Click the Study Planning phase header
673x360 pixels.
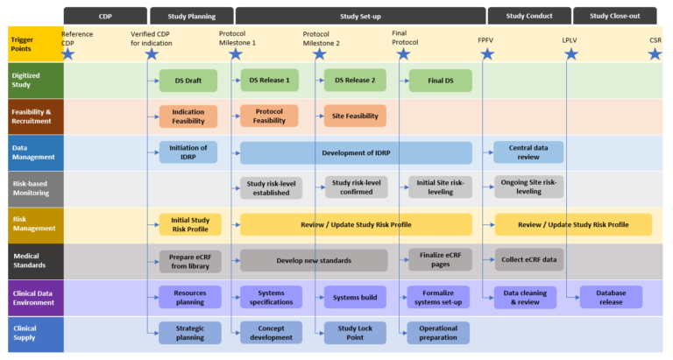(x=191, y=16)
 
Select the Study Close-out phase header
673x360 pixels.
(x=614, y=16)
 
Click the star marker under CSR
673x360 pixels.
(x=655, y=54)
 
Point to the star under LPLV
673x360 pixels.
(x=571, y=54)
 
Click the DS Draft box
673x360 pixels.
(x=188, y=81)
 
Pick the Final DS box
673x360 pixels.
(x=440, y=81)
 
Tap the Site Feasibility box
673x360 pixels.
(x=355, y=116)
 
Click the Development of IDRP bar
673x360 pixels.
(x=356, y=153)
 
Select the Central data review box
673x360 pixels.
(x=528, y=153)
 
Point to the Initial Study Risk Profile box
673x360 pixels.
(x=190, y=224)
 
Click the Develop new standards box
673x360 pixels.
(x=314, y=260)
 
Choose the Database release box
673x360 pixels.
(x=611, y=297)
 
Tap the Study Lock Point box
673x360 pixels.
(x=355, y=334)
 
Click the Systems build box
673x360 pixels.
(x=355, y=297)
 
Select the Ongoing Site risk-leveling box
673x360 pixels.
(x=528, y=187)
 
